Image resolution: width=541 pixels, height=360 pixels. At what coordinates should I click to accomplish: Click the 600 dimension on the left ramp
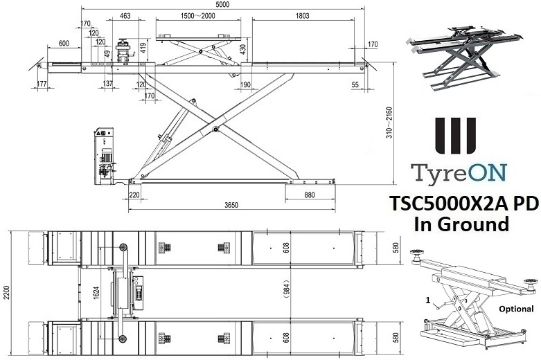pyautogui.click(x=64, y=44)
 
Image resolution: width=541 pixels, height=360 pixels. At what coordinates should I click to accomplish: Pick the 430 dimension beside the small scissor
pyautogui.click(x=243, y=50)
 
